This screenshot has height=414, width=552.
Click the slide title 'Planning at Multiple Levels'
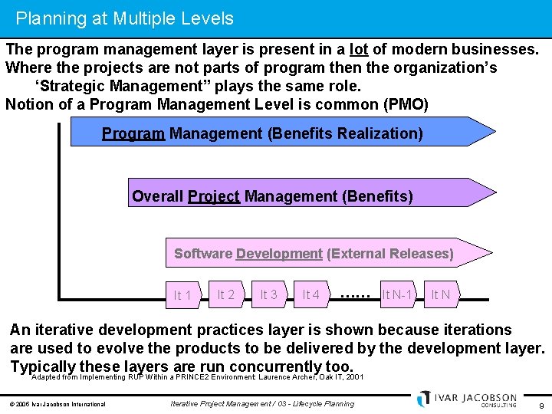point(125,18)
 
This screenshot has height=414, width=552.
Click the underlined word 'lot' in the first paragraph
point(359,50)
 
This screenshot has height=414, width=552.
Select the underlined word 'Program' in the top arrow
point(133,134)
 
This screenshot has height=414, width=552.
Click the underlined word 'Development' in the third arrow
point(279,254)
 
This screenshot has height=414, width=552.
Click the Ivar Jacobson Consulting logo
point(468,399)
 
